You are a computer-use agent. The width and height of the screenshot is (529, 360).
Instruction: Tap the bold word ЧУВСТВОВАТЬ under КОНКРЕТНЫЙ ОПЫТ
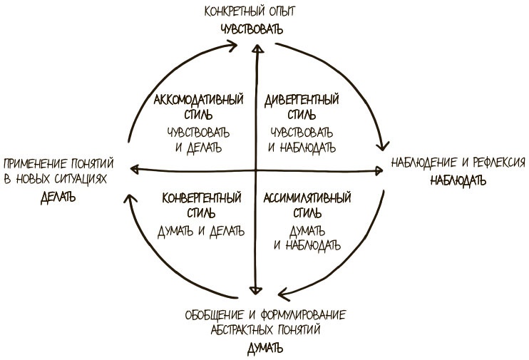point(250,29)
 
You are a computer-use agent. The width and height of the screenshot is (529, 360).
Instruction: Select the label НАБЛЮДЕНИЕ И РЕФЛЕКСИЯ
point(458,163)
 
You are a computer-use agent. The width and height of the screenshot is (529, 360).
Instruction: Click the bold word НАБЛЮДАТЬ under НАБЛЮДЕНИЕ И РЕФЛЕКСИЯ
point(457,180)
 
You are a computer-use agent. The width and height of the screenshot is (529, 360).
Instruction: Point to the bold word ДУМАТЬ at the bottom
point(265,349)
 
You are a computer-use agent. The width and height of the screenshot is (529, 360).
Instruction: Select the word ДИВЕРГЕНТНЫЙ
point(300,98)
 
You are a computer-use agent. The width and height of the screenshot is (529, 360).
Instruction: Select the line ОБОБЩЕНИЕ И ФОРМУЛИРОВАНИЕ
point(265,314)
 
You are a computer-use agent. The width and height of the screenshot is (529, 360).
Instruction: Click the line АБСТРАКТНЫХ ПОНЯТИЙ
point(265,330)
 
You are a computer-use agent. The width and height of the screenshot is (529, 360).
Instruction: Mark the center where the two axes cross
point(255,170)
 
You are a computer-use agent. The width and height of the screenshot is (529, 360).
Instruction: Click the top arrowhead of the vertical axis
point(255,47)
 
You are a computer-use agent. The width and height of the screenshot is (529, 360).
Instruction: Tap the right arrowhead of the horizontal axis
point(380,170)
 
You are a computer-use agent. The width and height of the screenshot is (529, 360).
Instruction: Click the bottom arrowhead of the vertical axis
point(255,291)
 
